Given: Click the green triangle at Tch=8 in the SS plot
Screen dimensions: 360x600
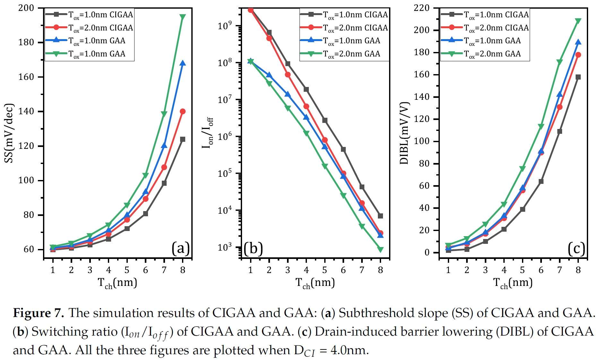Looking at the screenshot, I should point(183,17).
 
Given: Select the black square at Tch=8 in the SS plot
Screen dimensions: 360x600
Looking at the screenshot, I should point(183,139).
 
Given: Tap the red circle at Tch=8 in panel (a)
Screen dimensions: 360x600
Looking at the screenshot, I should point(183,111).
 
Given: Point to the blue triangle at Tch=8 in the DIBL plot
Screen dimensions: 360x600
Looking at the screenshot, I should point(578,42).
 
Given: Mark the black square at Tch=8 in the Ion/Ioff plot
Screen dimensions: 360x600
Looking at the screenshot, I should point(380,216).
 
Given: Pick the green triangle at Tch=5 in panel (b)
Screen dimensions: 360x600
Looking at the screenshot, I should point(325,166).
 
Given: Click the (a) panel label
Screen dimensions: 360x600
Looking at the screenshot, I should point(180,249).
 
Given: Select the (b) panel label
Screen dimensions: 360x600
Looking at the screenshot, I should point(253,249).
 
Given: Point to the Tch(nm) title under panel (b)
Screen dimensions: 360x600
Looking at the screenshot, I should point(315,283).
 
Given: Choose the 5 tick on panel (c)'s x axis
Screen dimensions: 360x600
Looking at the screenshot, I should point(522,270).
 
